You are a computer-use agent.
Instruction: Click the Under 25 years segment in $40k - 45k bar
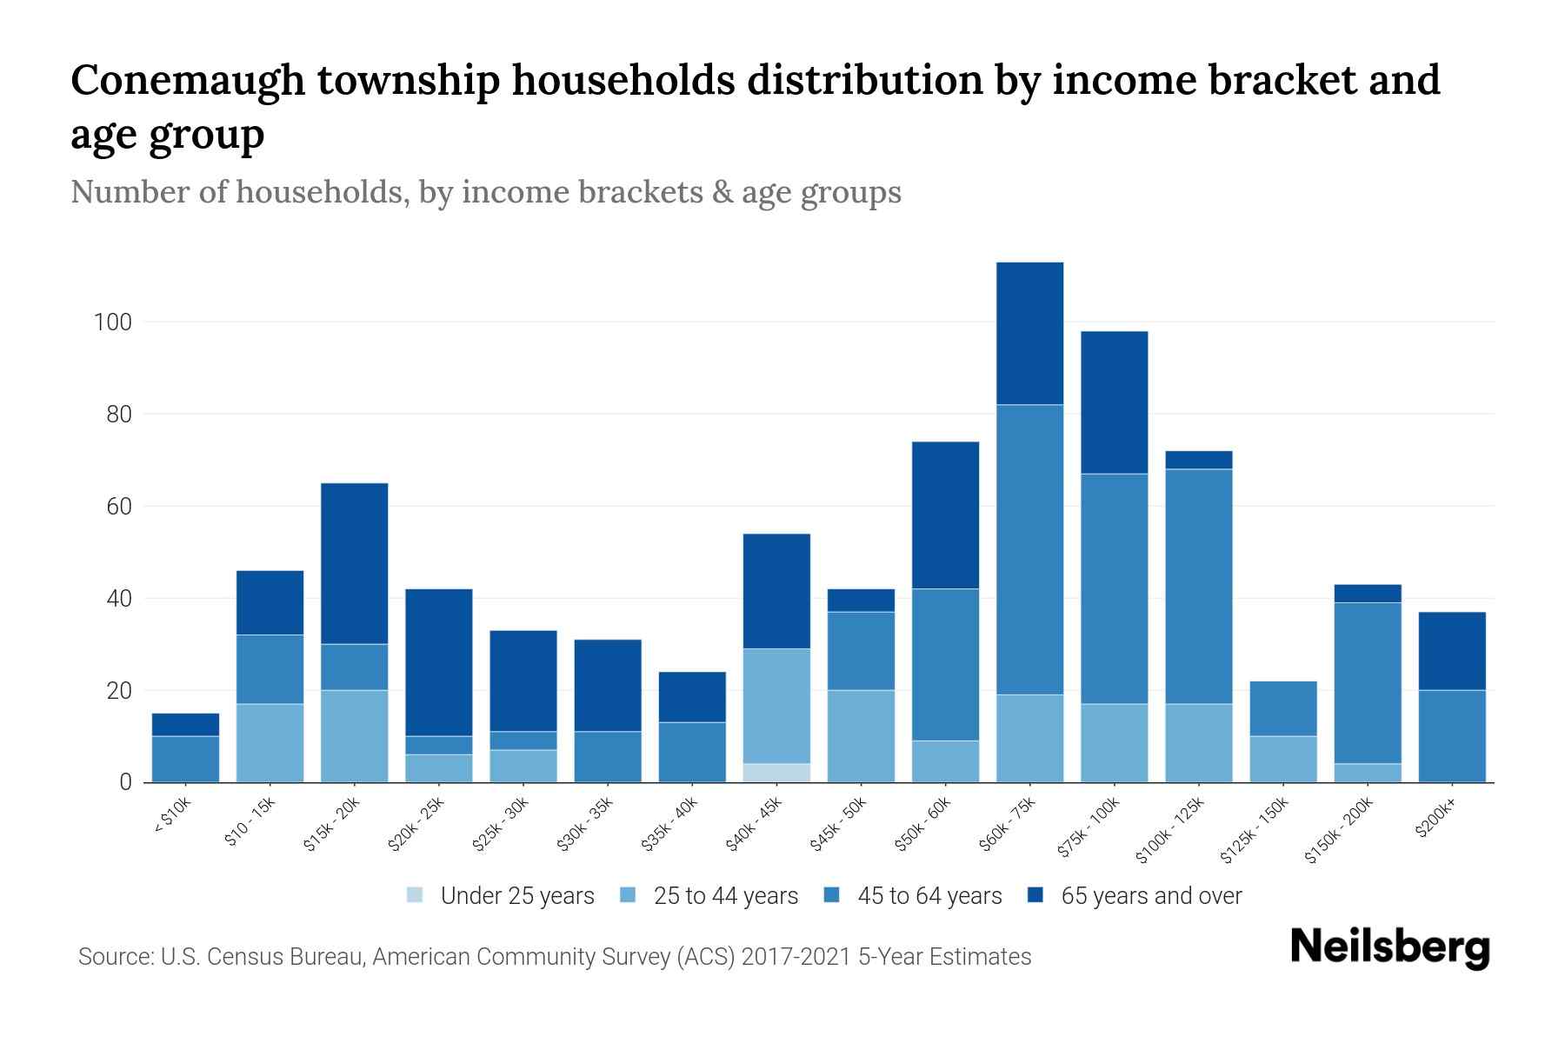[776, 773]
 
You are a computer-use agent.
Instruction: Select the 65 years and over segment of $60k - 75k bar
[1029, 333]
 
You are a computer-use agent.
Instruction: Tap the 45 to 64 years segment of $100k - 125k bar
[1199, 586]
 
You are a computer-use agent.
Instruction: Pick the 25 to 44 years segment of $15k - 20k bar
[354, 736]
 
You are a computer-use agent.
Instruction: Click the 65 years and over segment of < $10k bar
[185, 724]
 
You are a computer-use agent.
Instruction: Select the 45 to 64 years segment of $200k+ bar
[1452, 736]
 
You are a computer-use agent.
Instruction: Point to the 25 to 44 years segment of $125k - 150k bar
[1283, 759]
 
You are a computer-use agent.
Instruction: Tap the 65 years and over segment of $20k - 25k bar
[438, 662]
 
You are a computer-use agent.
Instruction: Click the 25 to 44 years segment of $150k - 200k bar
[1368, 773]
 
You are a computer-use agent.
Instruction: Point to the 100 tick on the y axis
[113, 322]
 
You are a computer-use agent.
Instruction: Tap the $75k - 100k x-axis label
[1090, 828]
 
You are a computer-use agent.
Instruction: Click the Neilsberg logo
[1389, 947]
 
